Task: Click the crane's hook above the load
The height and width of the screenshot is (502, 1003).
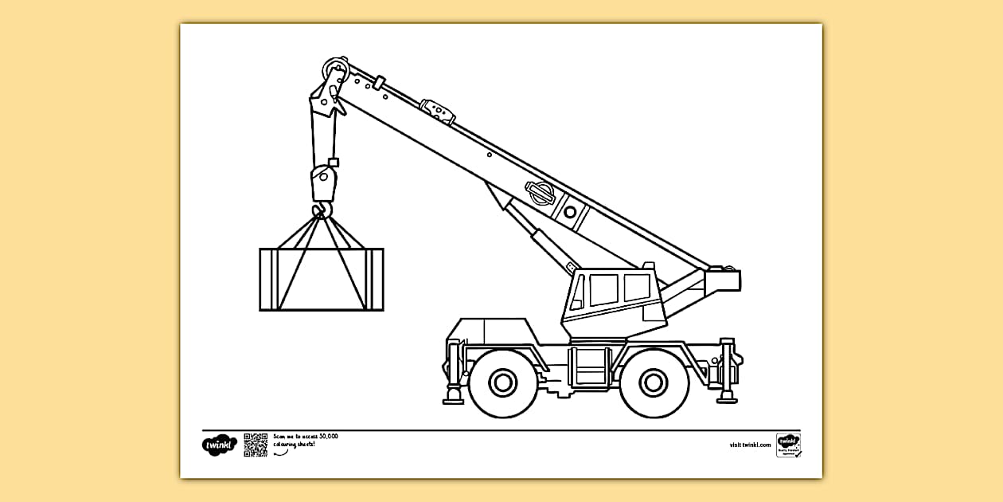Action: (x=322, y=211)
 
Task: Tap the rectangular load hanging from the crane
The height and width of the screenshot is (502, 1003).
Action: (x=322, y=279)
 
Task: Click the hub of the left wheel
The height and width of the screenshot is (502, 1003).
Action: (x=502, y=382)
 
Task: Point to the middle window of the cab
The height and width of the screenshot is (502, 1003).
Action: (x=603, y=289)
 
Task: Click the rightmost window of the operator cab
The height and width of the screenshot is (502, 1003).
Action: (x=637, y=287)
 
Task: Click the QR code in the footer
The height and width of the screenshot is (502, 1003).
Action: (x=256, y=445)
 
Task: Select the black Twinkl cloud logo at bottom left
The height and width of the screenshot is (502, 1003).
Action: (x=219, y=445)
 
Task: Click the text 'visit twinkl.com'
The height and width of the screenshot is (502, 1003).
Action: (x=750, y=445)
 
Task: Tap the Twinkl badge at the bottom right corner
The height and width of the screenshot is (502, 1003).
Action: (x=788, y=445)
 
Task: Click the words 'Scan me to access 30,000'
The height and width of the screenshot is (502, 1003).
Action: (x=306, y=437)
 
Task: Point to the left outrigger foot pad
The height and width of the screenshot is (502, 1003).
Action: (x=454, y=397)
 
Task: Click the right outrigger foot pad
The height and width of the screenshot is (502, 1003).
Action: (x=727, y=395)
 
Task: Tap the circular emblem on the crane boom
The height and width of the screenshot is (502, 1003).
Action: (x=539, y=192)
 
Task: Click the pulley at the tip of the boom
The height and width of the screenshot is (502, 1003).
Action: (x=334, y=67)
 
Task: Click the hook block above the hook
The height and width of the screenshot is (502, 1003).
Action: (x=322, y=183)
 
